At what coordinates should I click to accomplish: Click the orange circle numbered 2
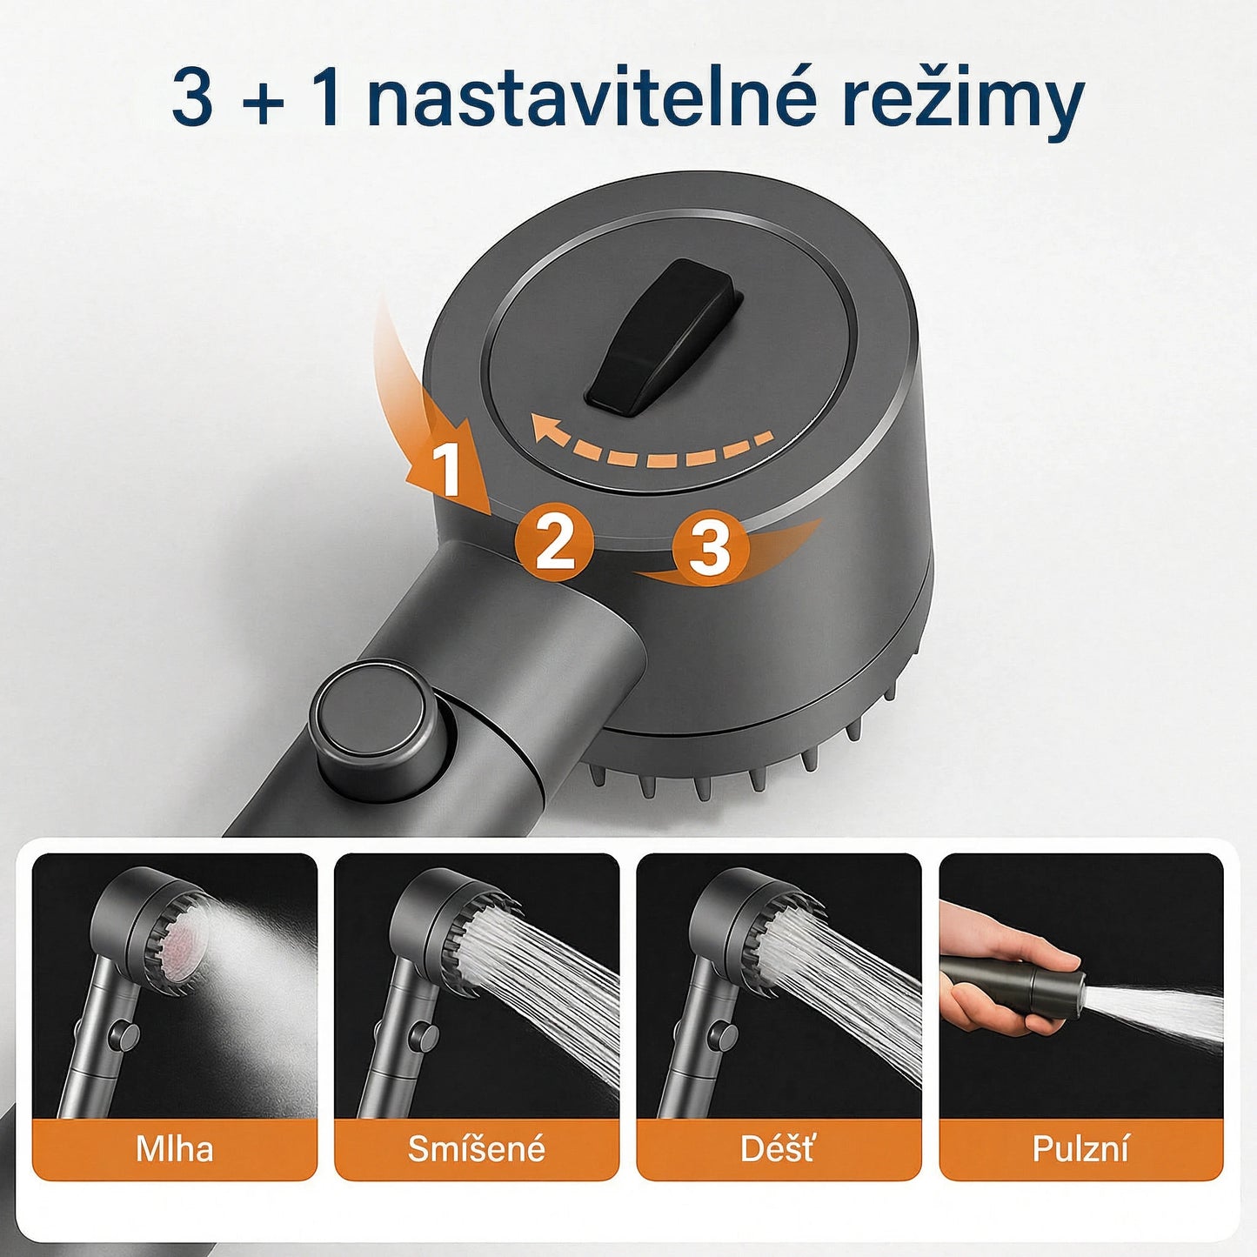554,541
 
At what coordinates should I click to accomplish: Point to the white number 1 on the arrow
446,470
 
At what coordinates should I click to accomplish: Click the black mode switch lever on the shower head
661,335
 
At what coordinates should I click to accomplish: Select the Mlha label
174,1149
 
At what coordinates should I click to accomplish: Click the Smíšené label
477,1149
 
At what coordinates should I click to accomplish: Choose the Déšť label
778,1149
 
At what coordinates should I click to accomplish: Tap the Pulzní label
1080,1149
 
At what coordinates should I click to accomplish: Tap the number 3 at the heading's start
192,97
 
